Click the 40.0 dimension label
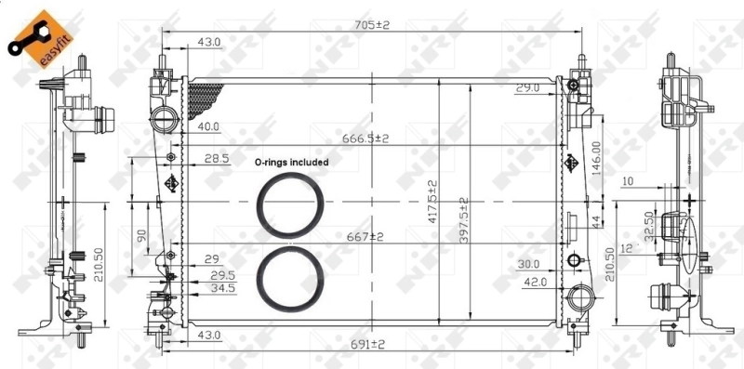tap(206, 126)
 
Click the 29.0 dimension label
tap(528, 88)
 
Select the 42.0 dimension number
tap(533, 281)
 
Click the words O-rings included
tap(292, 162)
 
